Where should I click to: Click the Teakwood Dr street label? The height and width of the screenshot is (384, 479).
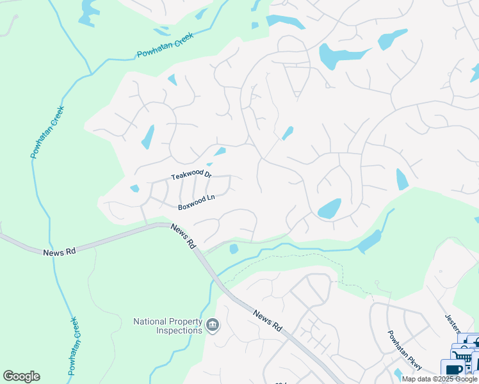pos(191,177)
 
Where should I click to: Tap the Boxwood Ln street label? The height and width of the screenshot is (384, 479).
pos(196,206)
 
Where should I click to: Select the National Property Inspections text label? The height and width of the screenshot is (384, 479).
pos(168,326)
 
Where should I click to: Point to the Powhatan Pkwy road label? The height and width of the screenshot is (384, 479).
pos(404,350)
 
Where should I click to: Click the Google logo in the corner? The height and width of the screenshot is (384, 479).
pos(21,376)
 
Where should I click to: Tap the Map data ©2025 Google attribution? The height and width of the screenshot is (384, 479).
pos(440,379)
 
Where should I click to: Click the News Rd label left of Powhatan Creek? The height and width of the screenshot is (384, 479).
pos(60,252)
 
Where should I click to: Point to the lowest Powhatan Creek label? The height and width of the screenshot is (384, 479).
pos(73,346)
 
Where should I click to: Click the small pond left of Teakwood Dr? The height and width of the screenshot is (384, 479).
pos(134,188)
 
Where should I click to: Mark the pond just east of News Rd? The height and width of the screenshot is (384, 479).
pos(234,248)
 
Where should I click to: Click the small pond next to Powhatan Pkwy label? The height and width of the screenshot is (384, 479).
pos(399,374)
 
